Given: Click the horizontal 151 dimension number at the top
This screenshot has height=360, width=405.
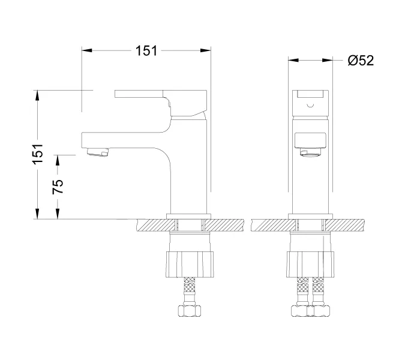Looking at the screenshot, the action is point(146,50).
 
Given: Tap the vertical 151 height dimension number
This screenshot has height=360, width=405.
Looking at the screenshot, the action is point(37,154).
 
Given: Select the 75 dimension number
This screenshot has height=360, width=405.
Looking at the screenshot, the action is point(58,187).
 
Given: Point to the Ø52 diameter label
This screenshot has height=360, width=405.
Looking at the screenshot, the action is point(361,61).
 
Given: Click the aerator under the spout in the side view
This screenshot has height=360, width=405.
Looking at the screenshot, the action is point(98,152).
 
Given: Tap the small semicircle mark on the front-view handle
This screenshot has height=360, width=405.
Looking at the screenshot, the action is point(310,106).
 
